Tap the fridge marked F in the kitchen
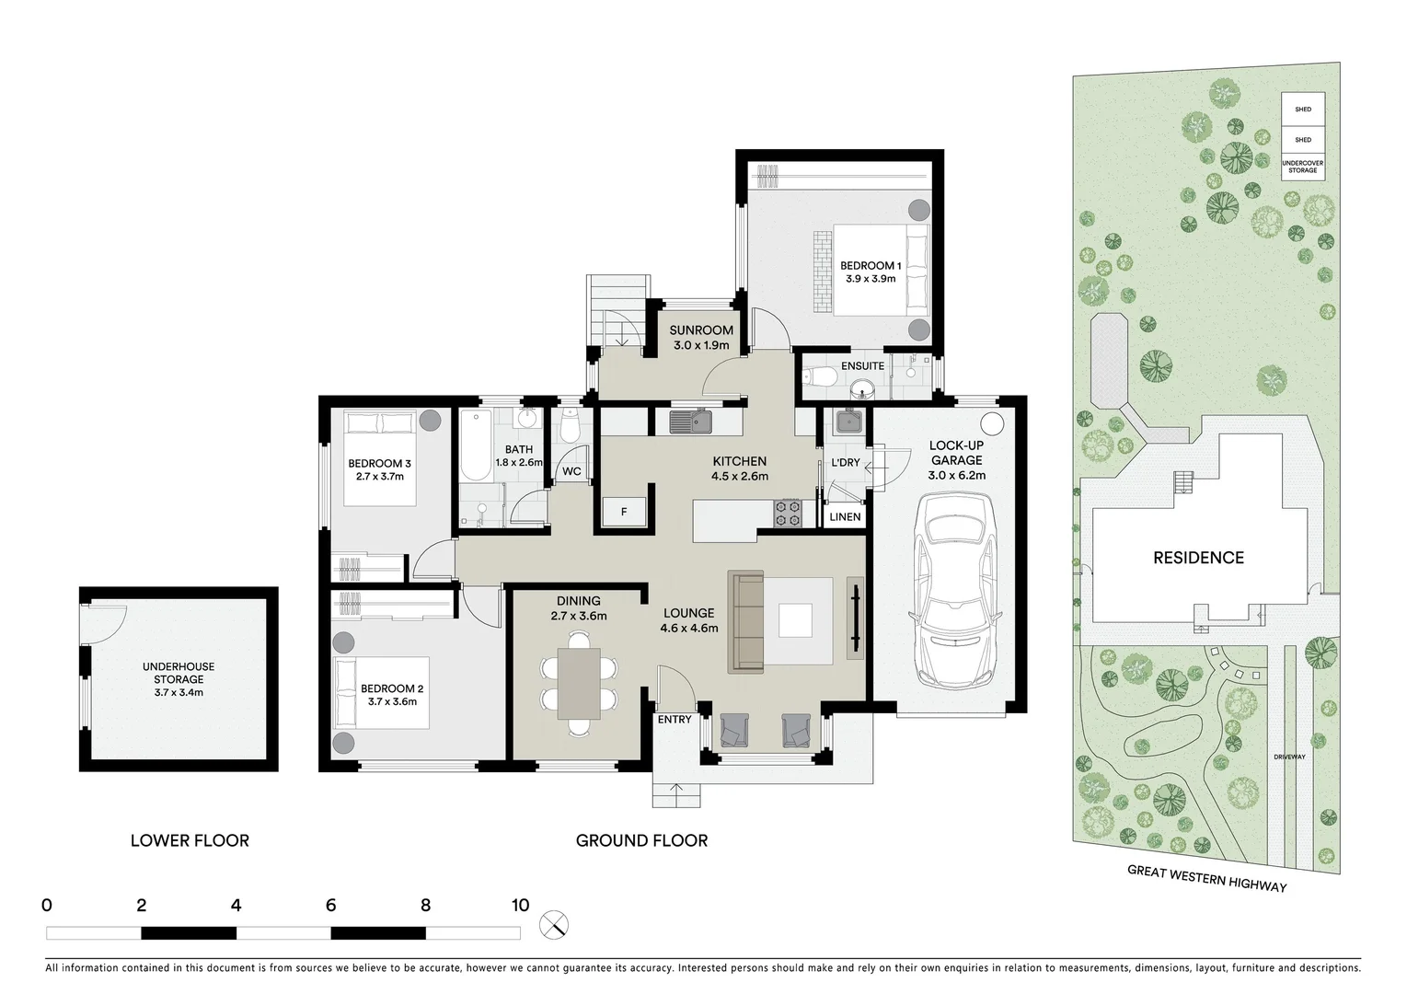tap(624, 511)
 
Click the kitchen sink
tap(691, 422)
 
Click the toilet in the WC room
tap(570, 428)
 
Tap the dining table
tap(579, 683)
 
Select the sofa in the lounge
tap(746, 621)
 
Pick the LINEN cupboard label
tap(845, 516)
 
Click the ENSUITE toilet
tap(818, 376)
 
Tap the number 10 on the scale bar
tap(520, 905)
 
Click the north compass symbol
tap(555, 924)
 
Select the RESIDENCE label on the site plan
tap(1198, 557)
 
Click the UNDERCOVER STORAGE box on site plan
tap(1303, 167)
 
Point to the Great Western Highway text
tap(1206, 879)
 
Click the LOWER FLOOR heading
tap(190, 839)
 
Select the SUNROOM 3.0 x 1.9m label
tap(701, 337)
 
